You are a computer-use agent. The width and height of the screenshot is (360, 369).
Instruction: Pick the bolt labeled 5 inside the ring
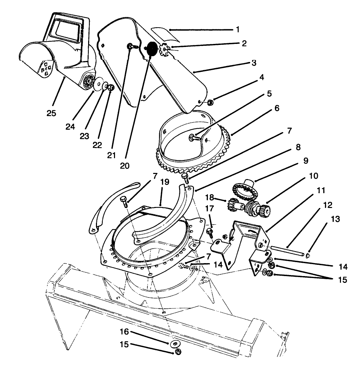(x=193, y=138)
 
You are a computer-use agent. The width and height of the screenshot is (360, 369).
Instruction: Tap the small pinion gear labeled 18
(x=234, y=204)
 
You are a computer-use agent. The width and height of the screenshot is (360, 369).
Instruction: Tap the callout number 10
(x=314, y=176)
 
